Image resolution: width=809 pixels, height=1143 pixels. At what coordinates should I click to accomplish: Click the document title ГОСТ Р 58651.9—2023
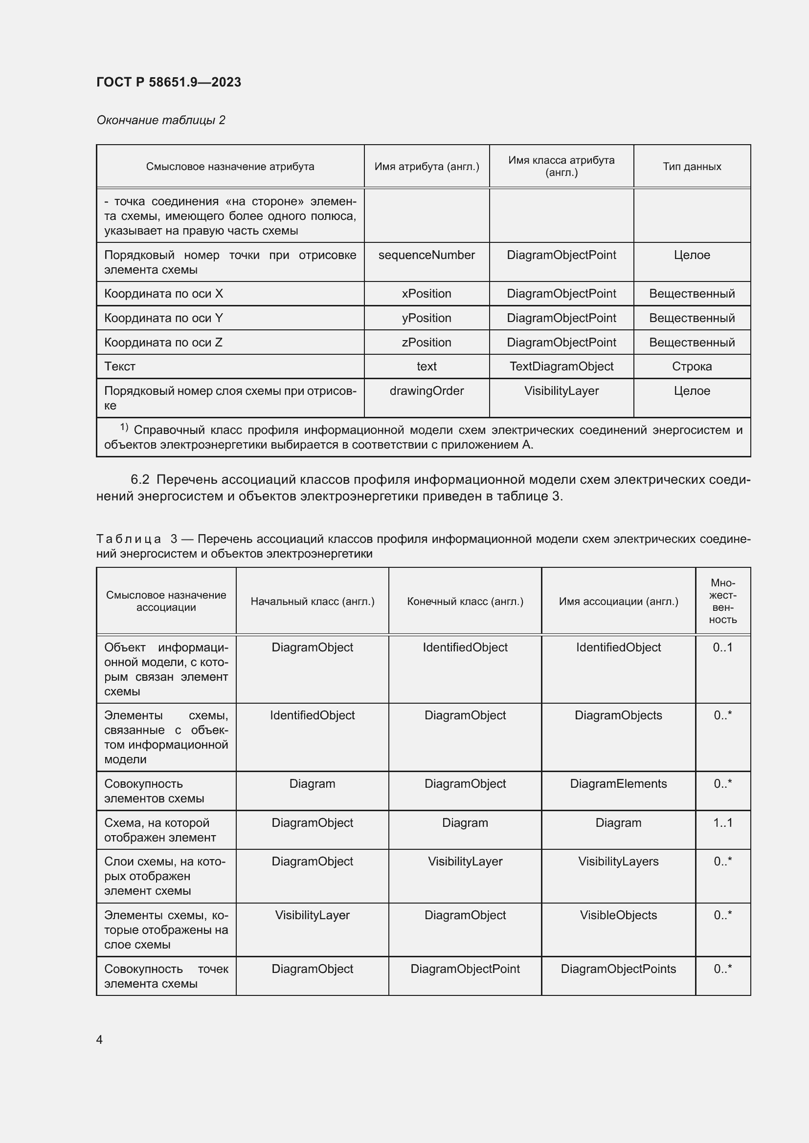(x=168, y=82)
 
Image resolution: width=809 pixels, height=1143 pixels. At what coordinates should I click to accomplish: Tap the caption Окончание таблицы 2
(x=160, y=120)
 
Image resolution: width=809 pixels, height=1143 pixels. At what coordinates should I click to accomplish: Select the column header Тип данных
(x=692, y=166)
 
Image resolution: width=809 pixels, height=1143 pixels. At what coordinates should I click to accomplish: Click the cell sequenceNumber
(x=427, y=255)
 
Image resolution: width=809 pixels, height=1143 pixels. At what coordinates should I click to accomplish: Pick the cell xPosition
(x=427, y=294)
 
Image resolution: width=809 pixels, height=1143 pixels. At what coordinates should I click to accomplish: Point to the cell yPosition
(x=427, y=318)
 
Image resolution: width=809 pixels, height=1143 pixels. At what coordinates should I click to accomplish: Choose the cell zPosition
(x=427, y=343)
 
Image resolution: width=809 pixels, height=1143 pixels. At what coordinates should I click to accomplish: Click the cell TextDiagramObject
(x=562, y=367)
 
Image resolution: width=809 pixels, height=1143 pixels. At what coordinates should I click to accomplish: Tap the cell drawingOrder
(x=427, y=391)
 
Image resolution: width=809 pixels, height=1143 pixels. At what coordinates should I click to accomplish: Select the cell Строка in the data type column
(x=692, y=367)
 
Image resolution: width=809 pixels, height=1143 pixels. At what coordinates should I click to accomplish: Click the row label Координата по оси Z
(x=163, y=343)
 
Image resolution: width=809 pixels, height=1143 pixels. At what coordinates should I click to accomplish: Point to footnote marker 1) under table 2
(x=124, y=427)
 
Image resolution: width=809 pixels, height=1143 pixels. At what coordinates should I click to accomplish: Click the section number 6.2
(x=140, y=479)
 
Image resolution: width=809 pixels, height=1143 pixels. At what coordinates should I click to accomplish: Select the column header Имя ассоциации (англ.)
(x=618, y=602)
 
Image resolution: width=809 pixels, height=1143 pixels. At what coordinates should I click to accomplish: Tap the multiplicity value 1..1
(x=722, y=822)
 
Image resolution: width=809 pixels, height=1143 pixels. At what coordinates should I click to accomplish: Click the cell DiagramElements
(x=618, y=783)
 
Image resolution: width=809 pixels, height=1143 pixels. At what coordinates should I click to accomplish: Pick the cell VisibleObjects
(x=618, y=915)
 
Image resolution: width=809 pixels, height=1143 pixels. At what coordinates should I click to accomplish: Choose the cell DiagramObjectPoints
(x=618, y=969)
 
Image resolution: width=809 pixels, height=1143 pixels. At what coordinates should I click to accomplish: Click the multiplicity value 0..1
(x=722, y=647)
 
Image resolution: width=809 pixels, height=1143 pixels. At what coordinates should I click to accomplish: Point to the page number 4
(x=99, y=1039)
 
